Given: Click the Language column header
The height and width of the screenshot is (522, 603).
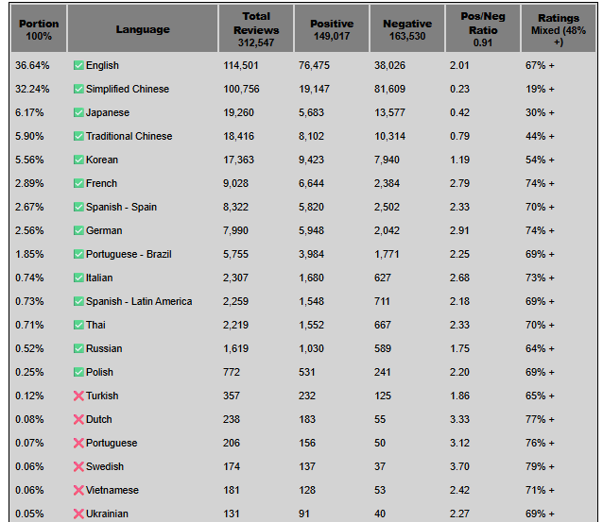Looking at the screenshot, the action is [143, 29].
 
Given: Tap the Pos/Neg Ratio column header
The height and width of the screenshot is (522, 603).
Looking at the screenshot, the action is [483, 29].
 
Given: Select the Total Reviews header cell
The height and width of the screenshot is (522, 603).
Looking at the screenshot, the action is [256, 29].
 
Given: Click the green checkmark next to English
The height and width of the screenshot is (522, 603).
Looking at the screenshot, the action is [78, 65].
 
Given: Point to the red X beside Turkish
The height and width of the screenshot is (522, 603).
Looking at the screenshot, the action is [78, 396].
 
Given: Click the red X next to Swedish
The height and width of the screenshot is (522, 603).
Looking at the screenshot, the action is [78, 466].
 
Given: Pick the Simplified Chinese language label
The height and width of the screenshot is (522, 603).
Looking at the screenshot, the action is [128, 89].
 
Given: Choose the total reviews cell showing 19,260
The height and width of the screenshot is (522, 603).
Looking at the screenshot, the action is [238, 112].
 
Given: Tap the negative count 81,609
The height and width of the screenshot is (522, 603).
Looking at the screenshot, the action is [389, 89].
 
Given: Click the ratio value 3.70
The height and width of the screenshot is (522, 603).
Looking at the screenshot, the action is [459, 466].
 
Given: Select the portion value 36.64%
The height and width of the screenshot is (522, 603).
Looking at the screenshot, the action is [32, 65].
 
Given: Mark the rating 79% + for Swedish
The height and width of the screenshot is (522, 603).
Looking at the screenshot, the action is [540, 466].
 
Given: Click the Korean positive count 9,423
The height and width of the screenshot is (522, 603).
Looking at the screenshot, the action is [311, 160].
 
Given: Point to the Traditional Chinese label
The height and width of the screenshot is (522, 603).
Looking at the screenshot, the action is [129, 136].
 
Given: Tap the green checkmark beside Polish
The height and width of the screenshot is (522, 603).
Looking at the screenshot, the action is [78, 372].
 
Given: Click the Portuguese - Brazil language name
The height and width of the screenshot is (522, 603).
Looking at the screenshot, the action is [129, 254].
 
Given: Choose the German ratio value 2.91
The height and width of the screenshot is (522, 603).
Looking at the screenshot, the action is [459, 230].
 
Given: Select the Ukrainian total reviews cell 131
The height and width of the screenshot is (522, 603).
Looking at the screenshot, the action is [232, 514].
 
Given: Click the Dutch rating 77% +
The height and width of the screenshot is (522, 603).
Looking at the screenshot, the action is [540, 419].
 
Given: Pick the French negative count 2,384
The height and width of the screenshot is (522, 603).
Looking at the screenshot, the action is [387, 183].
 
